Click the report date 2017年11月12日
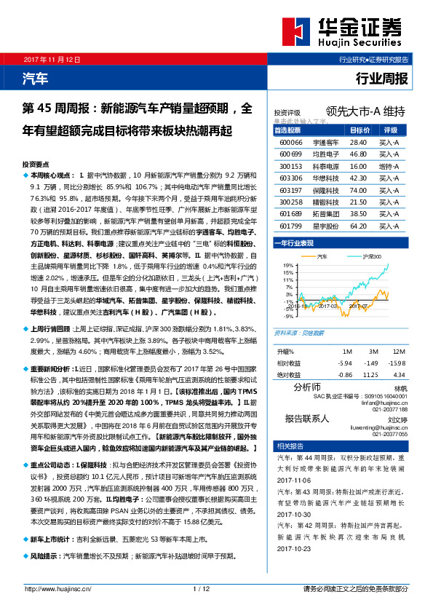(x=53, y=58)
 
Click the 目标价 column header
(x=359, y=130)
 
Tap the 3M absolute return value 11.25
(x=370, y=374)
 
